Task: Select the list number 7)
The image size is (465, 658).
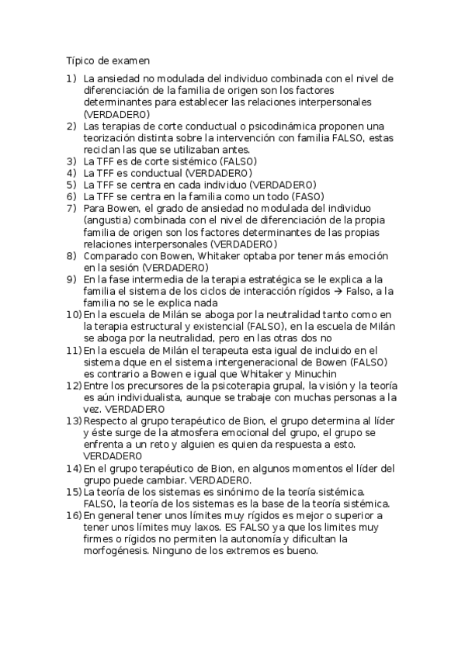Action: pyautogui.click(x=71, y=209)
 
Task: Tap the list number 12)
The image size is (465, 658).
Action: pyautogui.click(x=73, y=385)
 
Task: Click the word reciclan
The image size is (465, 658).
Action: pyautogui.click(x=103, y=149)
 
